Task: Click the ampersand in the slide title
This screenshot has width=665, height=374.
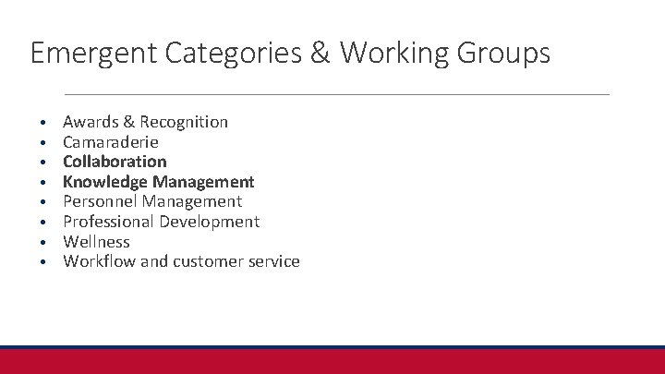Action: (x=319, y=53)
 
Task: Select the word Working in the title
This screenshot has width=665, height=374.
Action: (x=397, y=53)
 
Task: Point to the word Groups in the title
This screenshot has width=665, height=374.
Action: (x=505, y=53)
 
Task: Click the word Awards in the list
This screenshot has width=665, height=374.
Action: (x=89, y=122)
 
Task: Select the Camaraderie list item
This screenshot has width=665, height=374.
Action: (x=111, y=142)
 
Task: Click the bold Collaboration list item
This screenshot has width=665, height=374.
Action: (x=115, y=162)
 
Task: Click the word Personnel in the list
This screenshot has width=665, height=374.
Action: (x=99, y=201)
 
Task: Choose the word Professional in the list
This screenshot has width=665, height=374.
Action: (x=109, y=222)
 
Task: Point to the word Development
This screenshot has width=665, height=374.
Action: (x=210, y=222)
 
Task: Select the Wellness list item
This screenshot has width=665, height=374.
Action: (x=96, y=242)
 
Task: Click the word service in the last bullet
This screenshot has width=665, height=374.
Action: (x=275, y=261)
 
